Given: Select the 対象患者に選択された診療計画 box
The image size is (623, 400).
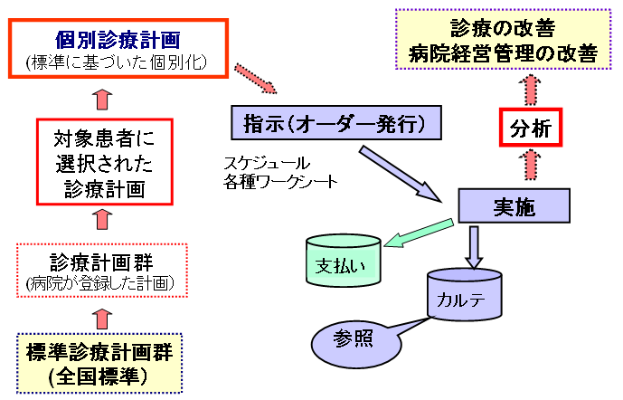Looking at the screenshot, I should click(x=103, y=161).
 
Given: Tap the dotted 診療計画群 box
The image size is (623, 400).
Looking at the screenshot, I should click(x=103, y=270).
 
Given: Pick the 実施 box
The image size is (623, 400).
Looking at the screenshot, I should click(x=514, y=206).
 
